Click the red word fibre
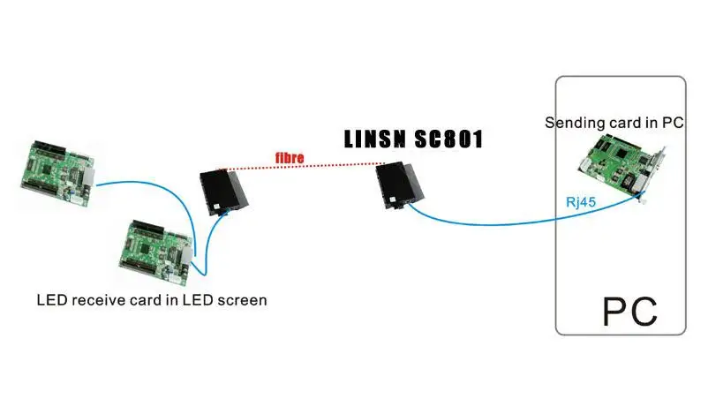pyautogui.click(x=289, y=159)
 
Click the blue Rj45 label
pyautogui.click(x=581, y=201)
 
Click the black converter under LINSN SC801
pyautogui.click(x=401, y=185)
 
